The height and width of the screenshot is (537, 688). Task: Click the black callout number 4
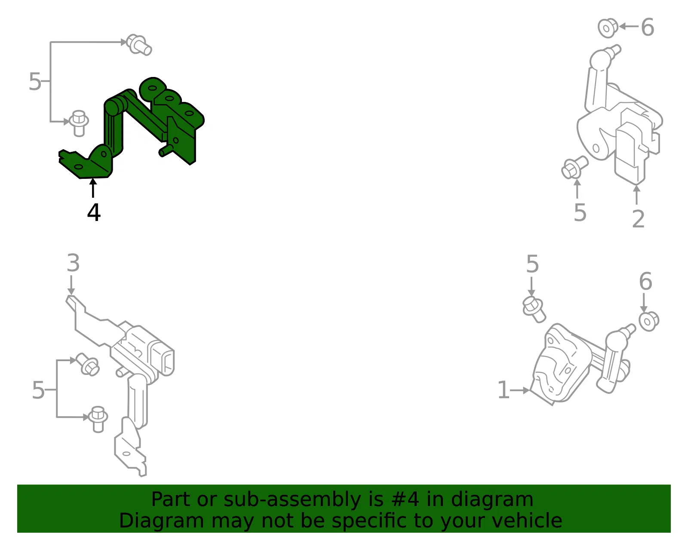click(x=94, y=212)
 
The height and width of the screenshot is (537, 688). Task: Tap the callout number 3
click(x=73, y=263)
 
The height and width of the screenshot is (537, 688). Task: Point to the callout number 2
click(x=638, y=219)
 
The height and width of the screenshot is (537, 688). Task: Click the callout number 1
click(x=504, y=390)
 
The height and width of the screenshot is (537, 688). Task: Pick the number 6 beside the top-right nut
click(x=648, y=27)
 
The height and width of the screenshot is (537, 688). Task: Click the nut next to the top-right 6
click(x=608, y=28)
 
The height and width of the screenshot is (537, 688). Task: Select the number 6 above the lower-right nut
click(x=645, y=281)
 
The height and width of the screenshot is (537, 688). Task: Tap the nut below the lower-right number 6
click(x=649, y=322)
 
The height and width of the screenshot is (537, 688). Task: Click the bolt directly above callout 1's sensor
click(x=534, y=310)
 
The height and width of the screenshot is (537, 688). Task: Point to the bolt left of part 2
click(x=574, y=167)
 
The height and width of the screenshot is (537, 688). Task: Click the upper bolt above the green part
click(x=139, y=45)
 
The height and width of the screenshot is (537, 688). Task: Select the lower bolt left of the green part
click(x=79, y=123)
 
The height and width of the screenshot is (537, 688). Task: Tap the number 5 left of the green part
click(x=35, y=81)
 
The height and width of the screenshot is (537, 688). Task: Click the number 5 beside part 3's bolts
click(x=38, y=390)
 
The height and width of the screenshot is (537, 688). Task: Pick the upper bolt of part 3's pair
click(x=88, y=364)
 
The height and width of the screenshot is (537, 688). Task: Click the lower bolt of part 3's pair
click(x=98, y=419)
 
